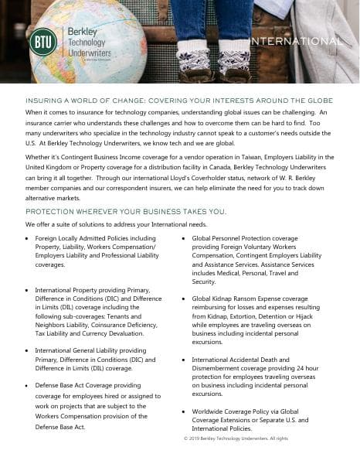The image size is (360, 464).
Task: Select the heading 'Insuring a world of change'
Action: [x=179, y=101]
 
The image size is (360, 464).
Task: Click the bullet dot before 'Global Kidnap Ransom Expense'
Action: [x=183, y=299]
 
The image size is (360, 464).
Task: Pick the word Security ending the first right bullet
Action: [x=204, y=281]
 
